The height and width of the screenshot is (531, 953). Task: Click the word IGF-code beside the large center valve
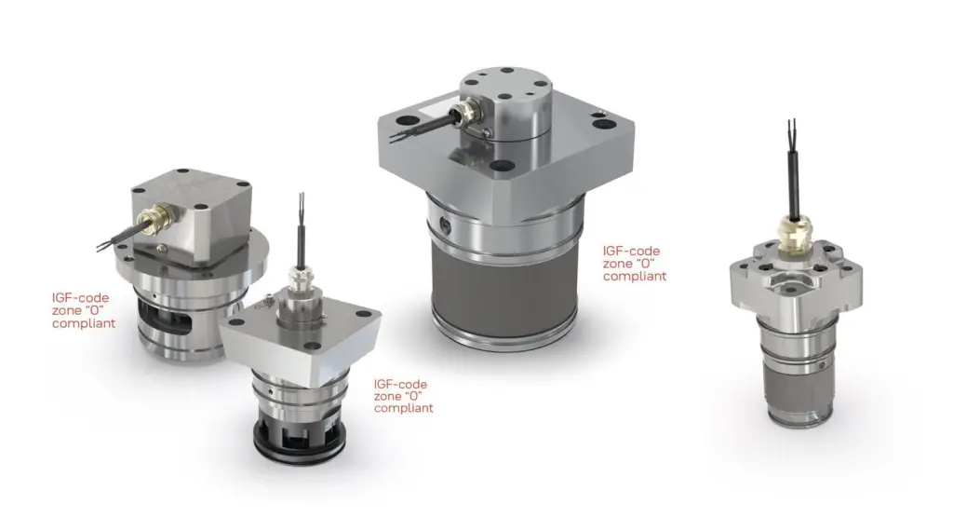click(x=631, y=251)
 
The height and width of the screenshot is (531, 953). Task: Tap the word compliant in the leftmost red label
click(x=83, y=323)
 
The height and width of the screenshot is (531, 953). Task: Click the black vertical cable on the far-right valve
click(x=793, y=183)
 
